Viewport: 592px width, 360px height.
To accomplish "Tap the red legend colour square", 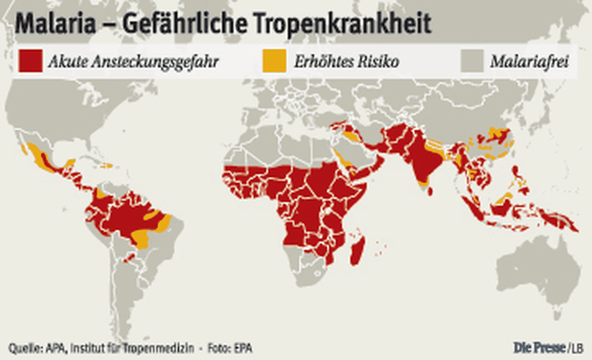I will (30, 61).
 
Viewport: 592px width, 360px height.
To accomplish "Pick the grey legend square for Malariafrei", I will (472, 61).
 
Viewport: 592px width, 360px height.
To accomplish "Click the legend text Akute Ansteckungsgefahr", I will (133, 62).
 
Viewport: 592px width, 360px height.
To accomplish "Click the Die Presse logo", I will (539, 348).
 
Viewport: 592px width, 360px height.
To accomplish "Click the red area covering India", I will (419, 158).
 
